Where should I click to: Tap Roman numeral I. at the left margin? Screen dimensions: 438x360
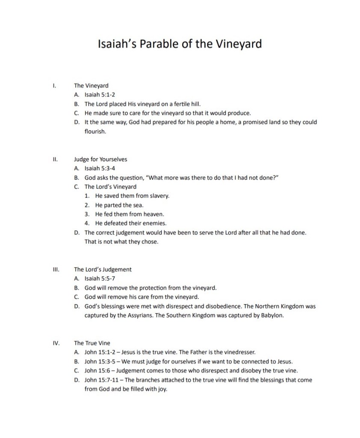coord(54,86)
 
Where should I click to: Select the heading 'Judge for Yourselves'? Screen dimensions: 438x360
coord(100,160)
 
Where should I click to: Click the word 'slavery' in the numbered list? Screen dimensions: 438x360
coord(159,196)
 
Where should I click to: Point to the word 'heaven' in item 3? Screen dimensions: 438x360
coord(153,214)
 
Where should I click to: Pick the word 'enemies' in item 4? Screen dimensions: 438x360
coord(155,223)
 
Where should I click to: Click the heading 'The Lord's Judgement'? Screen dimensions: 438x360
coord(103,269)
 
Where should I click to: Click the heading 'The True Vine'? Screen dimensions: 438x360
coord(92,343)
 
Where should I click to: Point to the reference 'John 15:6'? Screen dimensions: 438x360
coord(96,370)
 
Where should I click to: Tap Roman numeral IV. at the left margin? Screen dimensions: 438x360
coord(56,343)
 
